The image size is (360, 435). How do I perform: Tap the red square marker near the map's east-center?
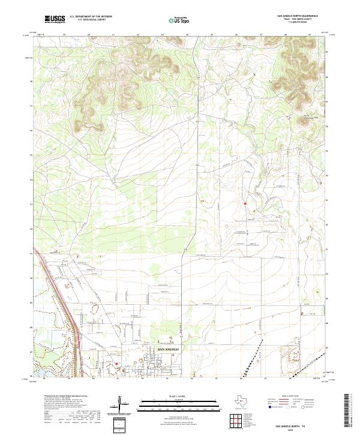[x=245, y=203]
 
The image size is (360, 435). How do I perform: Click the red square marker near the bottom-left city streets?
[x=117, y=363]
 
